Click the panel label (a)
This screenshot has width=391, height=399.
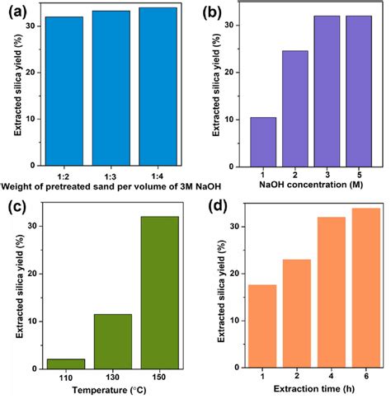coord(14,12)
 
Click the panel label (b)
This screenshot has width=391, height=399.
coord(214,12)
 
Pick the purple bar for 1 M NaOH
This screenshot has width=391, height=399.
coord(263,141)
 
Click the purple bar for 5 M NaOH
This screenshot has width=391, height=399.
coord(359,90)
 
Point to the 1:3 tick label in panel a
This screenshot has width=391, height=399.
coord(111,175)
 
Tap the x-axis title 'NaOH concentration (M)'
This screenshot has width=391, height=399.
coord(311,188)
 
